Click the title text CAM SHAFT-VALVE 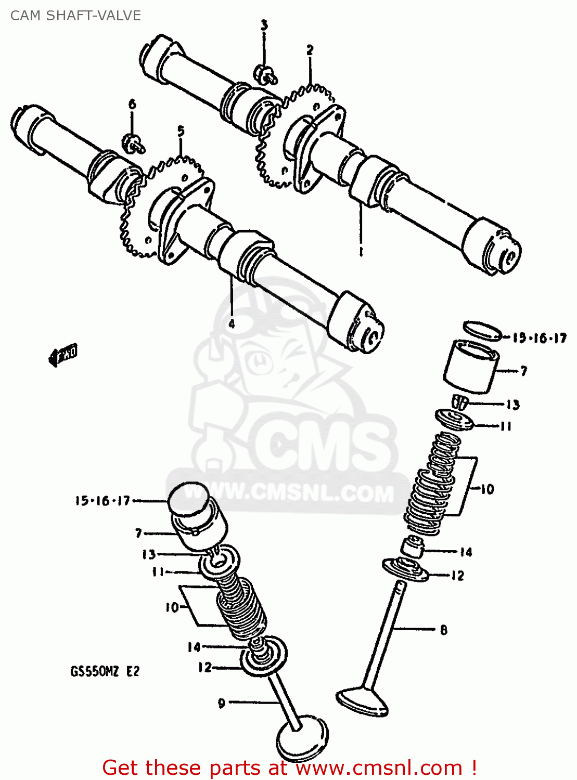click(75, 16)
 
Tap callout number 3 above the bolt click(264, 25)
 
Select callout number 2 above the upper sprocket click(310, 50)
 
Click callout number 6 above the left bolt click(132, 104)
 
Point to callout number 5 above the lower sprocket click(181, 131)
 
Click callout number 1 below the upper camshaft click(361, 251)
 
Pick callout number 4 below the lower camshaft click(232, 323)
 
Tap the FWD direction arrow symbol click(63, 356)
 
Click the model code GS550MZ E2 click(105, 671)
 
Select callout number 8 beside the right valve click(443, 630)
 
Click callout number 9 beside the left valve click(222, 703)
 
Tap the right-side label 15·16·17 click(539, 338)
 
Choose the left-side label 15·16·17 click(102, 501)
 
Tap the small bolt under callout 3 click(265, 74)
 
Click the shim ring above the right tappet click(482, 330)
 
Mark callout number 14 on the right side click(466, 552)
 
